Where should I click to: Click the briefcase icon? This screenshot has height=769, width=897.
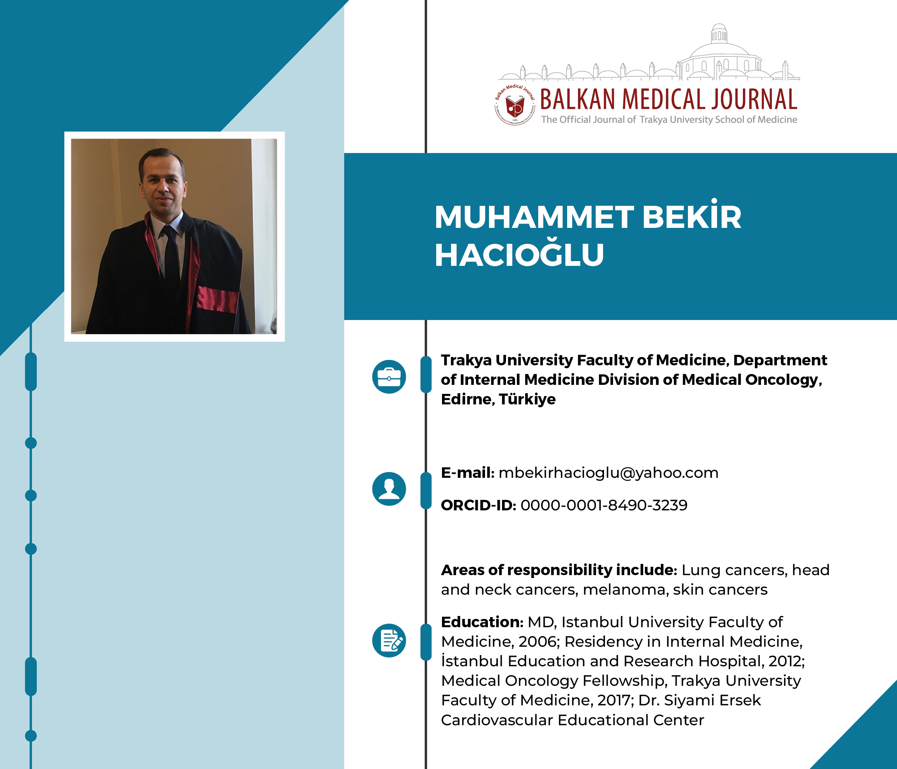tap(389, 377)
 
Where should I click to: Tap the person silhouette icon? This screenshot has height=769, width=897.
tap(389, 489)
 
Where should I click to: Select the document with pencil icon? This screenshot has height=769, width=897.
tap(389, 640)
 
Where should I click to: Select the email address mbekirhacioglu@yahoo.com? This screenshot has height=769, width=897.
tap(608, 473)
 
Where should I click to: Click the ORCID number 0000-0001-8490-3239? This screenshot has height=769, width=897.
tap(604, 505)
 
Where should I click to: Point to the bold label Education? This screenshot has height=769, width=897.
tap(482, 622)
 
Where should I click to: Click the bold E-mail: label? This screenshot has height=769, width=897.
tap(468, 473)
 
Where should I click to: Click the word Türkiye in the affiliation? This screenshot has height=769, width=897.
tap(527, 399)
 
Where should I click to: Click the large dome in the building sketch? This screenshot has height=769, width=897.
tap(719, 50)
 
